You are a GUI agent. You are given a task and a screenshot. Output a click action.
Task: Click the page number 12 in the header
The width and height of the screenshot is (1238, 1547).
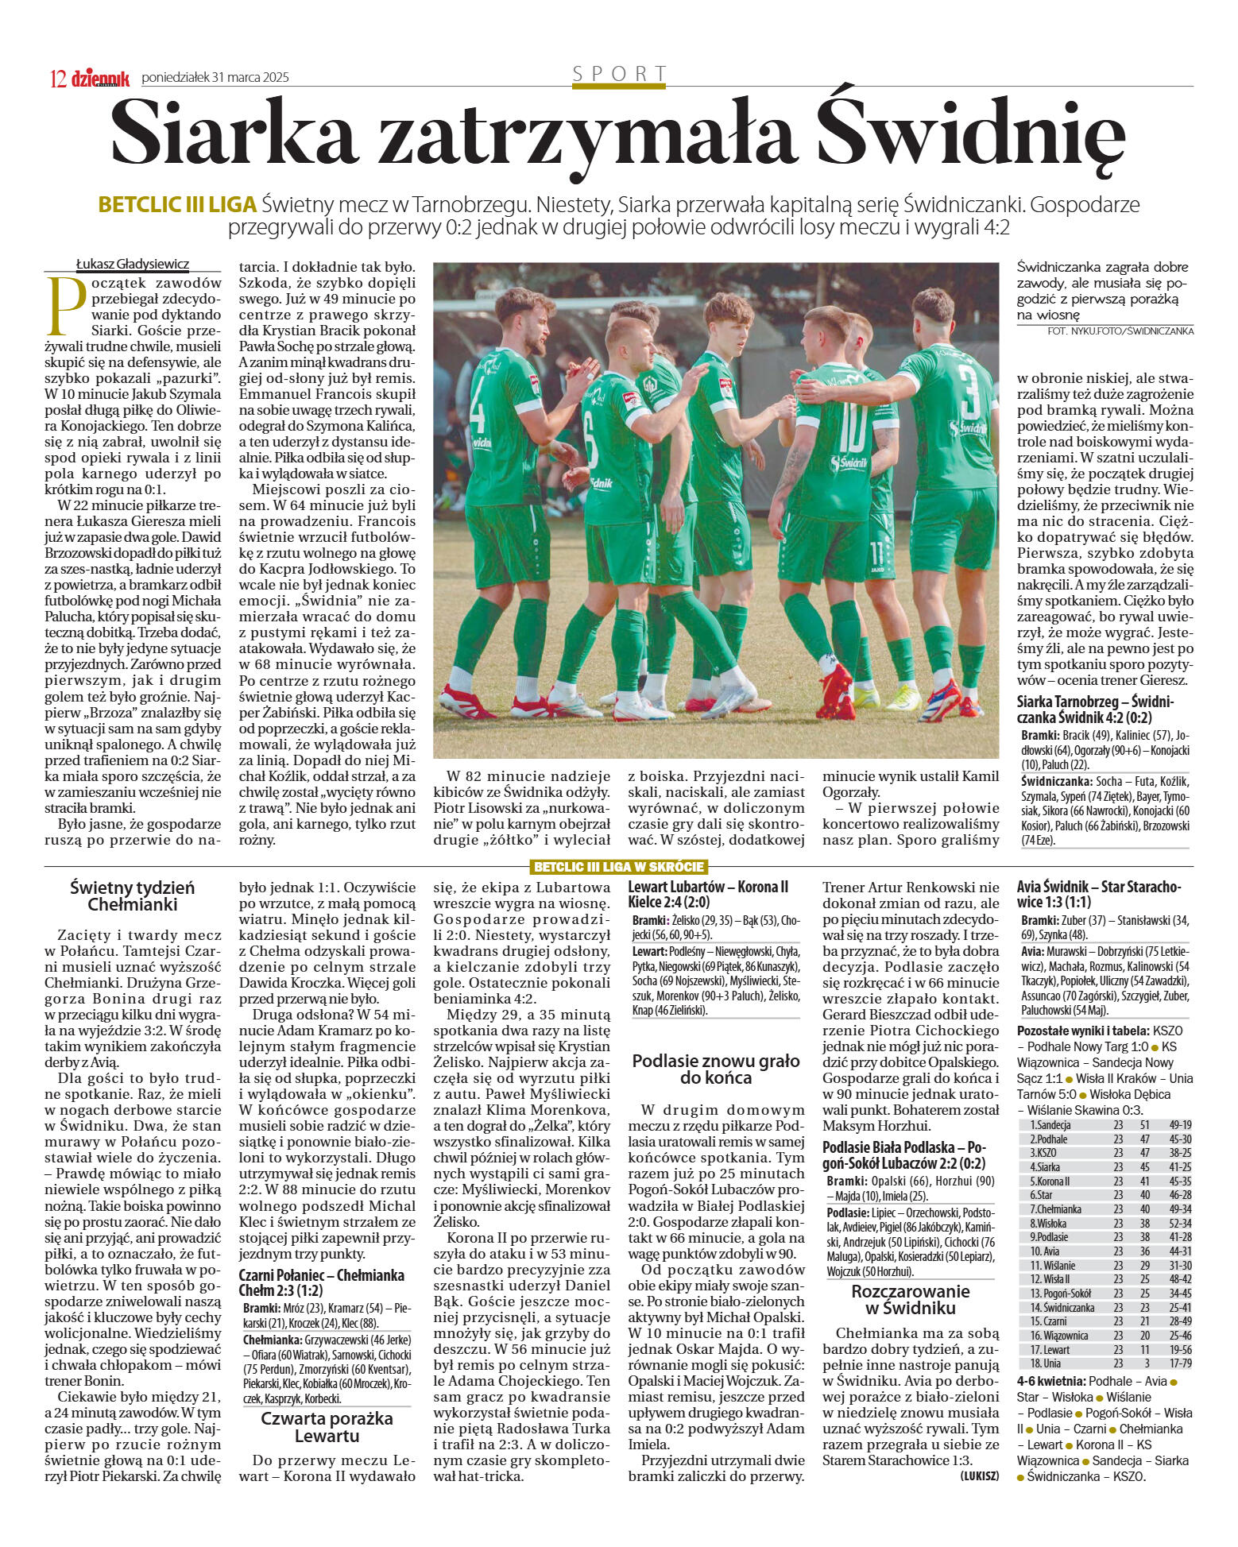point(57,78)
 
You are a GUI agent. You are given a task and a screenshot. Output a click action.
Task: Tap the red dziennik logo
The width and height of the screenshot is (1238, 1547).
point(100,78)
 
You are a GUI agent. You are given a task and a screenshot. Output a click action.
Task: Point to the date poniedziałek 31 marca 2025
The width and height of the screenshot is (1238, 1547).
point(215,77)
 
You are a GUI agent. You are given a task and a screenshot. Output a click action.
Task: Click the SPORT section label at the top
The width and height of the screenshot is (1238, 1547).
point(619,74)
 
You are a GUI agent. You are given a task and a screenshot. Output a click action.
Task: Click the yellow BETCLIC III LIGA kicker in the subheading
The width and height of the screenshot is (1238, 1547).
point(177,205)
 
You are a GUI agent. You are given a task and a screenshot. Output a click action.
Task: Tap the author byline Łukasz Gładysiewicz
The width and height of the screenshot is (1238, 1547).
point(133,265)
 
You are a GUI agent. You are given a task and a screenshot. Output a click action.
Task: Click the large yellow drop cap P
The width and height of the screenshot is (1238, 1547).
point(67,307)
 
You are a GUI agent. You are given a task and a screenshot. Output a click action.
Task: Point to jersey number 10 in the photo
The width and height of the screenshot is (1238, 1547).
point(851,428)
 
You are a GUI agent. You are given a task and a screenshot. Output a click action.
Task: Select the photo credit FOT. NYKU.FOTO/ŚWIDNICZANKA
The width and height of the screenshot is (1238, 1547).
point(1120,331)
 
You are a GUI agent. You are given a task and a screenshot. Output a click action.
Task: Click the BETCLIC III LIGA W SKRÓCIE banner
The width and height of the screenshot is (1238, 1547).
point(618,866)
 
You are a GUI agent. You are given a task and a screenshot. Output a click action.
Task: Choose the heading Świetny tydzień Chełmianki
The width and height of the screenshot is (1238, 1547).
point(132,895)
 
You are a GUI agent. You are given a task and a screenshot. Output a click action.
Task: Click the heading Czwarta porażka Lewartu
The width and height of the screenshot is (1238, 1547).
point(327,1427)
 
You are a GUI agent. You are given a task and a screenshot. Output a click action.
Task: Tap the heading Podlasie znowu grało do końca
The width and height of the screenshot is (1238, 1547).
point(716,1069)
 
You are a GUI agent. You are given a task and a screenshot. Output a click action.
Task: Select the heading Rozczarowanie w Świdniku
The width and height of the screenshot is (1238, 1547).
point(911,1299)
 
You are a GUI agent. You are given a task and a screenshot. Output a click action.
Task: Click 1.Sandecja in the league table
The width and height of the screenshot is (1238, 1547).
point(1050,1124)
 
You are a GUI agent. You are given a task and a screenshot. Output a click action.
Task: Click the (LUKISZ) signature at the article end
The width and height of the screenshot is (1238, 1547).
point(979,1475)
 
